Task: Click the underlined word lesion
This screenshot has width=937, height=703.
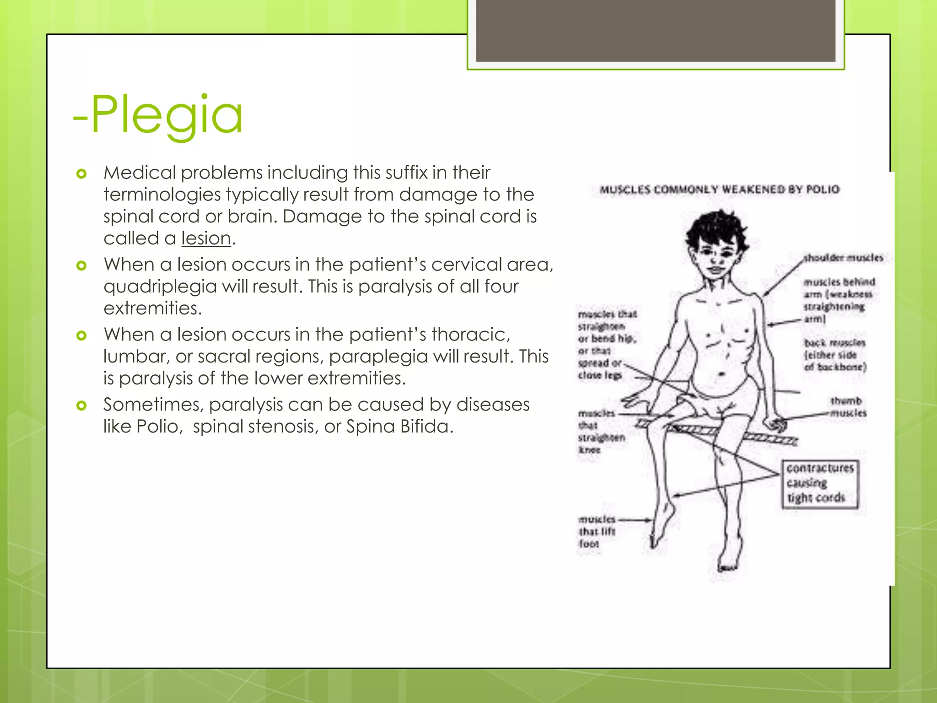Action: pyautogui.click(x=206, y=238)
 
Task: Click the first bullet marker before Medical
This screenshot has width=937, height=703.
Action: pyautogui.click(x=81, y=174)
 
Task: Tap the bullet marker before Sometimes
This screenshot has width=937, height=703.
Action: pyautogui.click(x=81, y=406)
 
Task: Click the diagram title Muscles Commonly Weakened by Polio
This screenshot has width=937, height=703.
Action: pyautogui.click(x=719, y=189)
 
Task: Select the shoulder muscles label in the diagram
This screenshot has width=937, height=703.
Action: pyautogui.click(x=843, y=258)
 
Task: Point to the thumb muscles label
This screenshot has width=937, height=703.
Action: pyautogui.click(x=848, y=407)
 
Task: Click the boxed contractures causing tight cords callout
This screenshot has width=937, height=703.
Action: pyautogui.click(x=819, y=483)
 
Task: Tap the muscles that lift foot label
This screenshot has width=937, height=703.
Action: pyautogui.click(x=597, y=531)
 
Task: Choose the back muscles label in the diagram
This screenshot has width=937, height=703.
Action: pyautogui.click(x=835, y=355)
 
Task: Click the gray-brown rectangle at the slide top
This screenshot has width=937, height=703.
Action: pyautogui.click(x=655, y=30)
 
